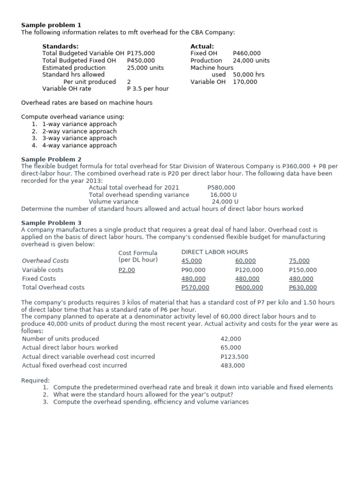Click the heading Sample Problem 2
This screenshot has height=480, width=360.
tap(51, 159)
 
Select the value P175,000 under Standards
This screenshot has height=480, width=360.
tap(141, 53)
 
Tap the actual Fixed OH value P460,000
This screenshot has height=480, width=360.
tap(247, 53)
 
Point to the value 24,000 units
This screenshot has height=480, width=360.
tap(251, 60)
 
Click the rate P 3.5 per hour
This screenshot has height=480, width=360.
tap(148, 89)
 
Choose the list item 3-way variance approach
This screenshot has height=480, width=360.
tap(79, 138)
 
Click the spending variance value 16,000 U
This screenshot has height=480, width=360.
tap(223, 195)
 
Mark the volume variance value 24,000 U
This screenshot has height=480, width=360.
tap(225, 202)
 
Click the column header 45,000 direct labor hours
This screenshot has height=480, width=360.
tap(192, 261)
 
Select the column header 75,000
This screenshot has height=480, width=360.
tap(299, 261)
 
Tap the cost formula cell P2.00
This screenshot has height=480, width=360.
tap(127, 270)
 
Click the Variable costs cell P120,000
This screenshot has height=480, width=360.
tap(249, 270)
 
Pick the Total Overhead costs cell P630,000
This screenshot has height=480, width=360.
tap(303, 287)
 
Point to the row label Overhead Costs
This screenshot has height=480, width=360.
tap(45, 261)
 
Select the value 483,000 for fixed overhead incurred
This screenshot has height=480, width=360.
tap(232, 366)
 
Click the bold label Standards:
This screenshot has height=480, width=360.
tap(60, 46)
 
